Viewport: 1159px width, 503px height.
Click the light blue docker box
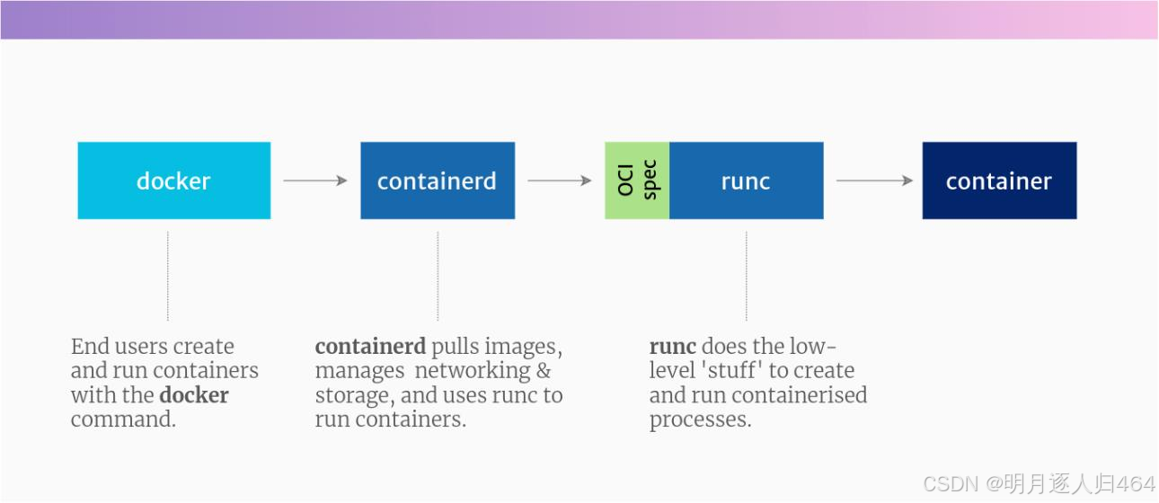(173, 181)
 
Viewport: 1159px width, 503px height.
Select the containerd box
(438, 181)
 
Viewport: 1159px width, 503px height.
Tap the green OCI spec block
(637, 181)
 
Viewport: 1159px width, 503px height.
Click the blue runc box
(746, 181)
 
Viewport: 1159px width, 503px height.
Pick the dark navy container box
(999, 181)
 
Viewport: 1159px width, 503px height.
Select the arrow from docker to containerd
(315, 181)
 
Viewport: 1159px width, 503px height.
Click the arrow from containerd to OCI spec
(560, 181)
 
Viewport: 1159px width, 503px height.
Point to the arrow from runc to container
(874, 181)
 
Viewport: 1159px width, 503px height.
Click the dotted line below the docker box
(168, 276)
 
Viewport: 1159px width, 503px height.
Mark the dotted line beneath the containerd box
(438, 276)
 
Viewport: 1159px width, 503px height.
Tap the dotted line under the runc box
(746, 276)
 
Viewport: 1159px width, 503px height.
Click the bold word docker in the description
(194, 395)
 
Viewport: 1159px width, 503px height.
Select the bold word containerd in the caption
(369, 347)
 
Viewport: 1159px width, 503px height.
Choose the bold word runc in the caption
(672, 347)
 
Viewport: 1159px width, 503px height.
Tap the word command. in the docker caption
(123, 419)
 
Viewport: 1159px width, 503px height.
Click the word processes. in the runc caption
(700, 419)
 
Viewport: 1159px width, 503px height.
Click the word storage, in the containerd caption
(351, 395)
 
